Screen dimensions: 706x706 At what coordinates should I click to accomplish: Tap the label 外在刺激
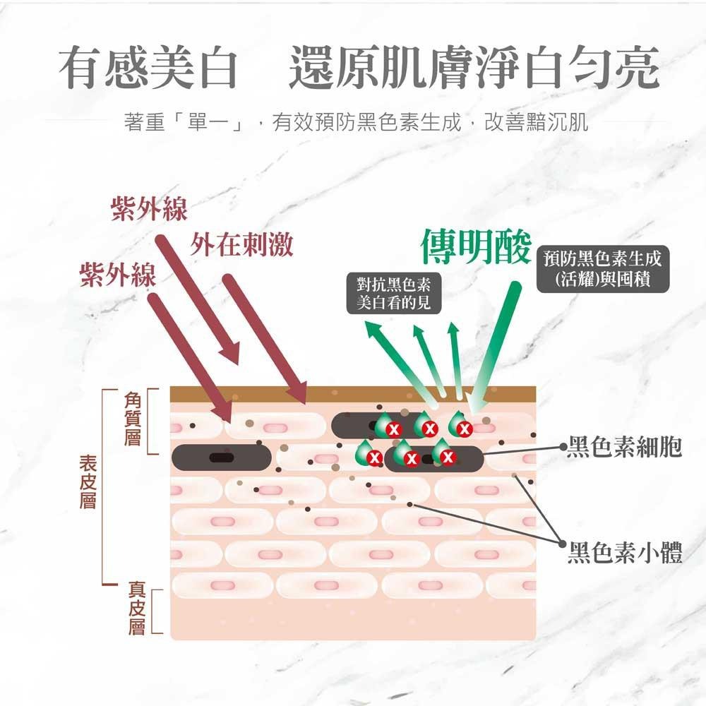[241, 244]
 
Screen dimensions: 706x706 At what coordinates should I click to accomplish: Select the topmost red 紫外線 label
[149, 209]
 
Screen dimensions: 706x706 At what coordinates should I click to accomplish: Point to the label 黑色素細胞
[625, 447]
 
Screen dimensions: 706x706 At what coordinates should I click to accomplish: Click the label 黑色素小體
[625, 552]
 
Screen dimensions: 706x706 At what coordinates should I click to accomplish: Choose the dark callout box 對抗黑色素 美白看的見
[393, 293]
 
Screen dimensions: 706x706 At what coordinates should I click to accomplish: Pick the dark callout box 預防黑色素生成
[603, 269]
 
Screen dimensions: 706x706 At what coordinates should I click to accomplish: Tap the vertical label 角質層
[133, 419]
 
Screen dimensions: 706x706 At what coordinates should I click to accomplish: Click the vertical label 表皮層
[88, 481]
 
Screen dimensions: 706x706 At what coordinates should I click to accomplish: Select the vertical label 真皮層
[136, 608]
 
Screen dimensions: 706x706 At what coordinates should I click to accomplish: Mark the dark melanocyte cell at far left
[222, 457]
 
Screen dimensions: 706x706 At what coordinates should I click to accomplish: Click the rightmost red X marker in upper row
[465, 429]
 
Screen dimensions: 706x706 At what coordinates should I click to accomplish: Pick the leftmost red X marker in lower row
[374, 458]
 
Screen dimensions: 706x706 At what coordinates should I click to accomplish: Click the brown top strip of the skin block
[354, 394]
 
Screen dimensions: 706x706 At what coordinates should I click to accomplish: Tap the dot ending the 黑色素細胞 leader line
[563, 447]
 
